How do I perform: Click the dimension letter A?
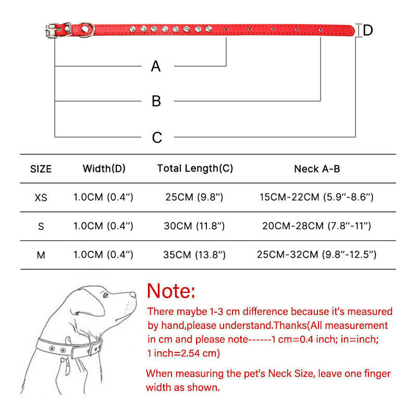click(156, 67)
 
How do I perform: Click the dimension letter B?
click(156, 101)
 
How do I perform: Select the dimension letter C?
click(157, 138)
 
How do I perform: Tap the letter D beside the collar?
click(368, 30)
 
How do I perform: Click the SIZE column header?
click(41, 169)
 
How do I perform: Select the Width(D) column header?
click(104, 168)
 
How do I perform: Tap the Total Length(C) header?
click(195, 168)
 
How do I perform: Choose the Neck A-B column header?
click(317, 169)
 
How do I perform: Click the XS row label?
click(41, 198)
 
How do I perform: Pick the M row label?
click(41, 255)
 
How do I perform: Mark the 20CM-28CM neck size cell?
click(316, 226)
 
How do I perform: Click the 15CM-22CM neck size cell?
click(316, 198)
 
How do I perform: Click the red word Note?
click(171, 290)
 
